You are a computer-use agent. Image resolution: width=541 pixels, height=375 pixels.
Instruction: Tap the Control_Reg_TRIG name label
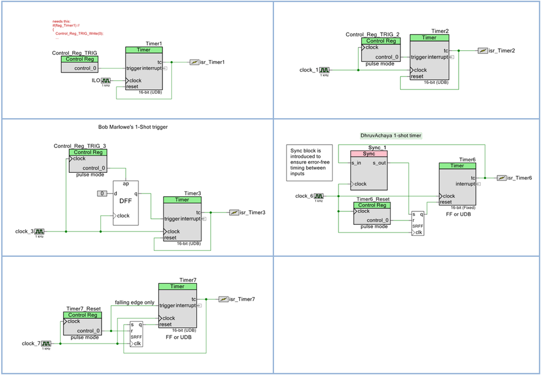pyautogui.click(x=75, y=53)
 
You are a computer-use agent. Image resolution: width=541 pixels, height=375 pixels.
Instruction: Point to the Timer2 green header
pyautogui.click(x=429, y=37)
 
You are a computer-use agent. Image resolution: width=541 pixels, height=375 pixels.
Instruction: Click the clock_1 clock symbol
pyautogui.click(x=324, y=70)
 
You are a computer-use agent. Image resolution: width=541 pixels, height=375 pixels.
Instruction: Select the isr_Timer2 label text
pyautogui.click(x=501, y=50)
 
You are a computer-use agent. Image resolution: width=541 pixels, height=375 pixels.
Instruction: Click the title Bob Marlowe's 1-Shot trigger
pyautogui.click(x=133, y=127)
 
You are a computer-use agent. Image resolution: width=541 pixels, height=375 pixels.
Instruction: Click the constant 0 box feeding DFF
pyautogui.click(x=102, y=193)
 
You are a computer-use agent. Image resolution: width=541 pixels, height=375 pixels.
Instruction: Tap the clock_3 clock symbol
pyautogui.click(x=40, y=231)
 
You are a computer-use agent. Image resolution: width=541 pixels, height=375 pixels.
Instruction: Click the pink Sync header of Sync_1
pyautogui.click(x=369, y=154)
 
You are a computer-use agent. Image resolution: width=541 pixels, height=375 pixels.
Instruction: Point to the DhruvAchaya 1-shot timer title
pyautogui.click(x=392, y=135)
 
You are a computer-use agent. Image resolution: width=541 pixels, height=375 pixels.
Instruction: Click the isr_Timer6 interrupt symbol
pyautogui.click(x=502, y=178)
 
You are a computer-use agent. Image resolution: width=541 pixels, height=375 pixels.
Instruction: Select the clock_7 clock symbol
pyautogui.click(x=46, y=344)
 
